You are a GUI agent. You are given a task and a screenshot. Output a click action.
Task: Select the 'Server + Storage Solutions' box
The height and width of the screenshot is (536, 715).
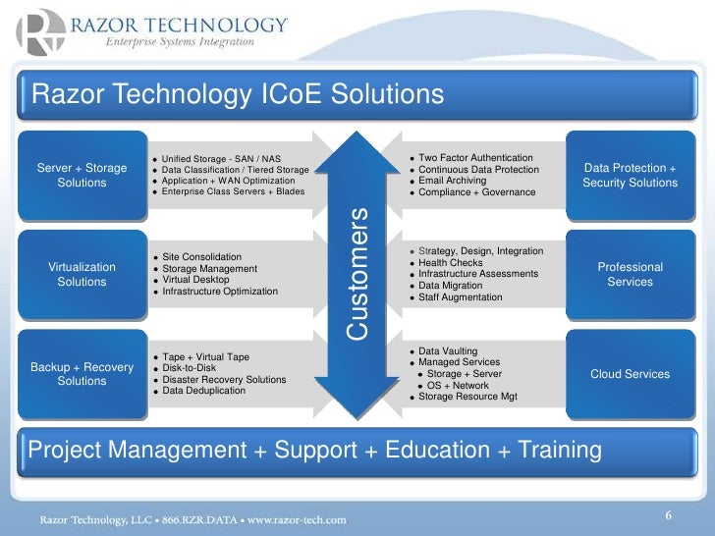click(82, 176)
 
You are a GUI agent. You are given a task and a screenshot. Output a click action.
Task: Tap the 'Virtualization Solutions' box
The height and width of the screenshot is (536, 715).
click(82, 275)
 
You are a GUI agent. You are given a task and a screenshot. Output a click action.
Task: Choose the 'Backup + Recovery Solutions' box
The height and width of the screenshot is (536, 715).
click(82, 374)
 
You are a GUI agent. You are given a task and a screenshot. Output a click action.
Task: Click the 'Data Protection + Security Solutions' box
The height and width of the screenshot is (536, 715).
click(630, 176)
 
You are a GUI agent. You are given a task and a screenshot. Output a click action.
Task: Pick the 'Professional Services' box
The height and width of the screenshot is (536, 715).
click(630, 274)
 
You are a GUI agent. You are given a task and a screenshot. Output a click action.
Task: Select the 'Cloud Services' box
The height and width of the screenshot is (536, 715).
click(630, 374)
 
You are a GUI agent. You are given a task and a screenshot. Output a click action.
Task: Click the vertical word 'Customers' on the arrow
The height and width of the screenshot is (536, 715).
click(359, 275)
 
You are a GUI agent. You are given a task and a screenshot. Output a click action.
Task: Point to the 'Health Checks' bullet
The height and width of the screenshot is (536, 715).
click(451, 263)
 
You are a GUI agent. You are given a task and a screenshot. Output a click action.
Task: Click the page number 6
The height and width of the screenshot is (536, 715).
click(668, 516)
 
